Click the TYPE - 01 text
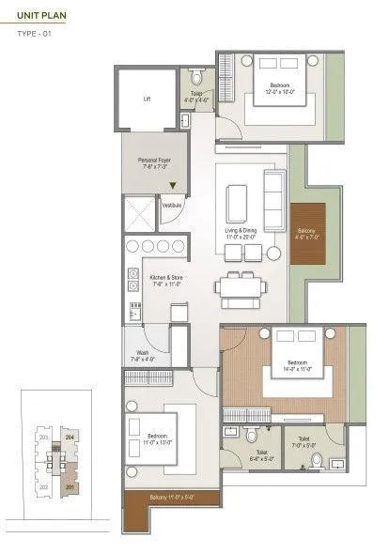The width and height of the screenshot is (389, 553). (x=35, y=35)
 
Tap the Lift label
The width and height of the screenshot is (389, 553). (x=148, y=99)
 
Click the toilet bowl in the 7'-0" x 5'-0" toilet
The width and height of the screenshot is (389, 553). (x=317, y=461)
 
